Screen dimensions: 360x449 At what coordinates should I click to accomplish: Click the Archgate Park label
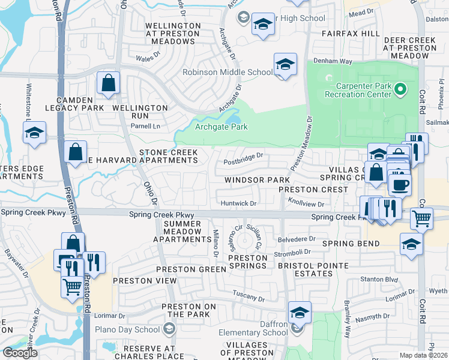pyautogui.click(x=221, y=127)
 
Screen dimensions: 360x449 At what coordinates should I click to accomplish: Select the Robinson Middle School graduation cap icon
pyautogui.click(x=286, y=65)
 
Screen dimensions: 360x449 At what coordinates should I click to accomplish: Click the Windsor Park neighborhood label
pyautogui.click(x=257, y=180)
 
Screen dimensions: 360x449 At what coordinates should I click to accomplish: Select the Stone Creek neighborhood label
pyautogui.click(x=168, y=153)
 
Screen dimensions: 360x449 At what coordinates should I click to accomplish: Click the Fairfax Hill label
pyautogui.click(x=350, y=35)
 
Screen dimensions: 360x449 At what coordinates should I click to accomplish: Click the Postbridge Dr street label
pyautogui.click(x=244, y=156)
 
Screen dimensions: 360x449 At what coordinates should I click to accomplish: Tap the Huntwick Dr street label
pyautogui.click(x=238, y=203)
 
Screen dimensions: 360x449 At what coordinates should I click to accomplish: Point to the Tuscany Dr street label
pyautogui.click(x=249, y=298)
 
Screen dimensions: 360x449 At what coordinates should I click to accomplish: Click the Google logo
pyautogui.click(x=20, y=352)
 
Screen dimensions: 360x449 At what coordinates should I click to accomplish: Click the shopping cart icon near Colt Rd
pyautogui.click(x=422, y=219)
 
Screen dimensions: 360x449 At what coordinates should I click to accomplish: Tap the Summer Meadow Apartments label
pyautogui.click(x=182, y=232)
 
